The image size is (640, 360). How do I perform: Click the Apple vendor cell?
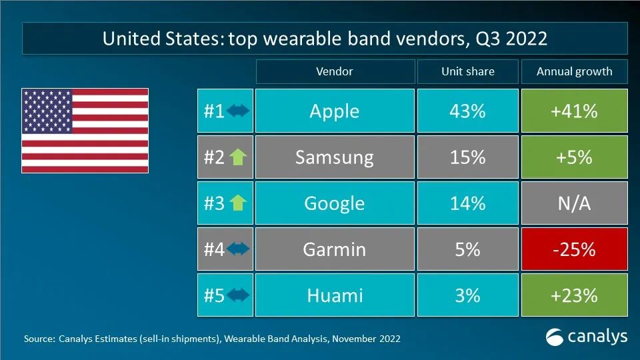335,111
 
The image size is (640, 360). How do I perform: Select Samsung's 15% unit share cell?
468,157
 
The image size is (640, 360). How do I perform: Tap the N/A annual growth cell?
574,203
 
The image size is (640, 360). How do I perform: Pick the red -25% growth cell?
574,249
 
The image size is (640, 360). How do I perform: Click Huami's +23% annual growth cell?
574,295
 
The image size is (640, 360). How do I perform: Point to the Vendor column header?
335,71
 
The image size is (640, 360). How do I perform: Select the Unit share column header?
468,71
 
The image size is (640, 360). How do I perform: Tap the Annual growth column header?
574,71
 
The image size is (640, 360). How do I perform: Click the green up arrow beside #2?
238,157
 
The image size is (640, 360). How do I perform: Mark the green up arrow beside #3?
238,203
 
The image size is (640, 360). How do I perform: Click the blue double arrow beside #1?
238,111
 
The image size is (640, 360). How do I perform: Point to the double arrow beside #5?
238,295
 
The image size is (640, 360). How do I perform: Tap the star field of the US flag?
47,111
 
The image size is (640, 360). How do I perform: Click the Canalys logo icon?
554,337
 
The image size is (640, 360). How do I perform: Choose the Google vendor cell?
335,203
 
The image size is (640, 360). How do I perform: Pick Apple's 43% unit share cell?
468,111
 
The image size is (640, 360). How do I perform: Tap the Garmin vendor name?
334,249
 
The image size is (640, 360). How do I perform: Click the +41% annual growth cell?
574,111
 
